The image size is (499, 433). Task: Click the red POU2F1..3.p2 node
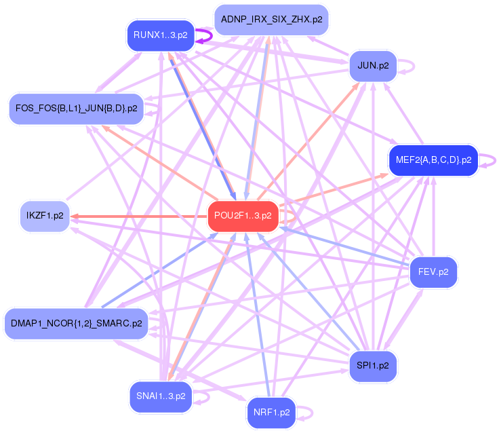pyautogui.click(x=243, y=216)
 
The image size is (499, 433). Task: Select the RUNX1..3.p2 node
pyautogui.click(x=160, y=35)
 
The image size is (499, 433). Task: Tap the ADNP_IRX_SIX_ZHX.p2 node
pyautogui.click(x=271, y=20)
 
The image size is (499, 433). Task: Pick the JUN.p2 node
pyautogui.click(x=373, y=66)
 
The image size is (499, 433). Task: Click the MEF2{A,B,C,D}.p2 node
pyautogui.click(x=433, y=160)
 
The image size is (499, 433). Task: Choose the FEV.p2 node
pyautogui.click(x=433, y=272)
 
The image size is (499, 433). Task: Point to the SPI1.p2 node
pyautogui.click(x=372, y=366)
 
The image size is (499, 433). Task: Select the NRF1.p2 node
pyautogui.click(x=271, y=412)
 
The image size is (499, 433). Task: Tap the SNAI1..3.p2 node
pyautogui.click(x=161, y=396)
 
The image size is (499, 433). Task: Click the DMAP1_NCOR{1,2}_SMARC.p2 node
pyautogui.click(x=76, y=324)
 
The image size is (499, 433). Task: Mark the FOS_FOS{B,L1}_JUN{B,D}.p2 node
pyautogui.click(x=76, y=108)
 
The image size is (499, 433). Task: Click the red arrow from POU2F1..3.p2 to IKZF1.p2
pyautogui.click(x=136, y=216)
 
